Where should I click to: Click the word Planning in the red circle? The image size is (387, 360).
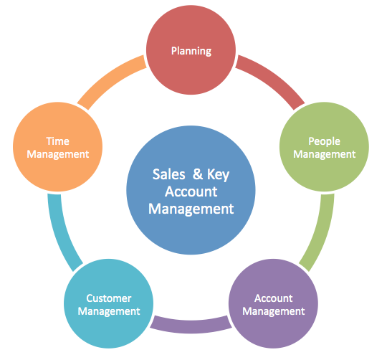191,51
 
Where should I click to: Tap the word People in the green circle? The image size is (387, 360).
324,141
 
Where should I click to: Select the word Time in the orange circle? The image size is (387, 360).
58,141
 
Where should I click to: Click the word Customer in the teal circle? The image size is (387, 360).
109,298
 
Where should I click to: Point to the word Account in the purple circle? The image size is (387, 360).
274,298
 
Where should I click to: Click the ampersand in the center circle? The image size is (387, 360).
198,174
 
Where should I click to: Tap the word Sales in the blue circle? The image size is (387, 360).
169,174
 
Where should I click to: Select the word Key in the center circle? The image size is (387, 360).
218,175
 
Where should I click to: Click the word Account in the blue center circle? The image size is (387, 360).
191,191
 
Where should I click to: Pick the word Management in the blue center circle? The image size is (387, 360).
191,209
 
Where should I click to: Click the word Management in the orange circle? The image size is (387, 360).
58,155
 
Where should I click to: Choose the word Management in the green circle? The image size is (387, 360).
325,155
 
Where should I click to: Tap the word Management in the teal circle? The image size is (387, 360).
109,312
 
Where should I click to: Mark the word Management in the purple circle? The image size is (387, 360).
274,312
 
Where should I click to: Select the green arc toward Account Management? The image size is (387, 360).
320,234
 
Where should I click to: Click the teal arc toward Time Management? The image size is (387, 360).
61,234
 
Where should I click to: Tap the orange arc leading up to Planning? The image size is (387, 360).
110,78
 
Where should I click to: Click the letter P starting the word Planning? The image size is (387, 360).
174,51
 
